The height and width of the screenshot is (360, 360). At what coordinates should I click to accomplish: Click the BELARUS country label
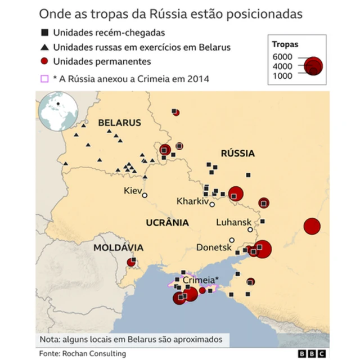click(119, 123)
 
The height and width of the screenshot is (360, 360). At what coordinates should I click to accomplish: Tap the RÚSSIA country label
click(237, 153)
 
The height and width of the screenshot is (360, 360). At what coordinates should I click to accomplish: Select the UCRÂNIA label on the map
click(167, 222)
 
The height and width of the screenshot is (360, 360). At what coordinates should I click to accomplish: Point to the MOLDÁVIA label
click(118, 247)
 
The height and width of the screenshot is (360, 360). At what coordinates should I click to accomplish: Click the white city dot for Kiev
click(145, 195)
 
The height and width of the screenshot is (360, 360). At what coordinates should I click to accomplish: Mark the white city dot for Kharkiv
click(212, 205)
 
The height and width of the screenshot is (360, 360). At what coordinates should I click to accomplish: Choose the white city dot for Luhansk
click(250, 229)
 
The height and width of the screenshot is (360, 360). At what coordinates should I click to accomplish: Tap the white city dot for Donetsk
click(231, 240)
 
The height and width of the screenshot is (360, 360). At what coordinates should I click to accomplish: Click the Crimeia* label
click(200, 280)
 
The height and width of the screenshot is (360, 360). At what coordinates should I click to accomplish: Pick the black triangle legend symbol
click(44, 48)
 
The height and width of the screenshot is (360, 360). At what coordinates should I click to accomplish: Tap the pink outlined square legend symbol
click(44, 79)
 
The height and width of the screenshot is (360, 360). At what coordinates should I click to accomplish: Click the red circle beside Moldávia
click(132, 262)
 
